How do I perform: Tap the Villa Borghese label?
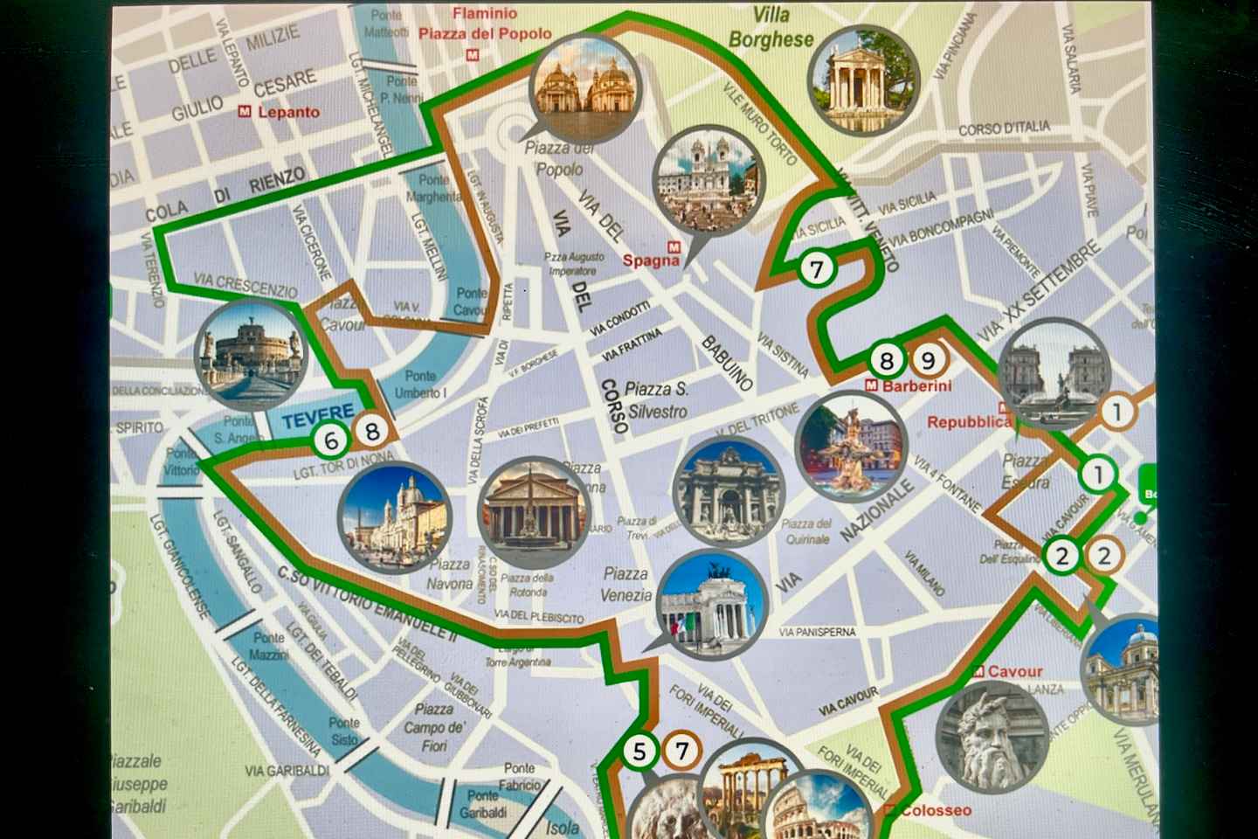771,27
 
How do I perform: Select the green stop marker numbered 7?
817,269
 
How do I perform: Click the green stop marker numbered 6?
330,440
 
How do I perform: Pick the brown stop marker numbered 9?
928,359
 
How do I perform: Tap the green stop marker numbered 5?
640,752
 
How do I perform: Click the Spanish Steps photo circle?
707,183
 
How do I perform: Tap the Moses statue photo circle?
992,736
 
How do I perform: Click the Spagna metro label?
651,260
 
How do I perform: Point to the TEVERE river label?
317,413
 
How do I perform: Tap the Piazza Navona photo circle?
394,518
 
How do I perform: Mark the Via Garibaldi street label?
287,771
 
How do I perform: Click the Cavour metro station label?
1014,671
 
